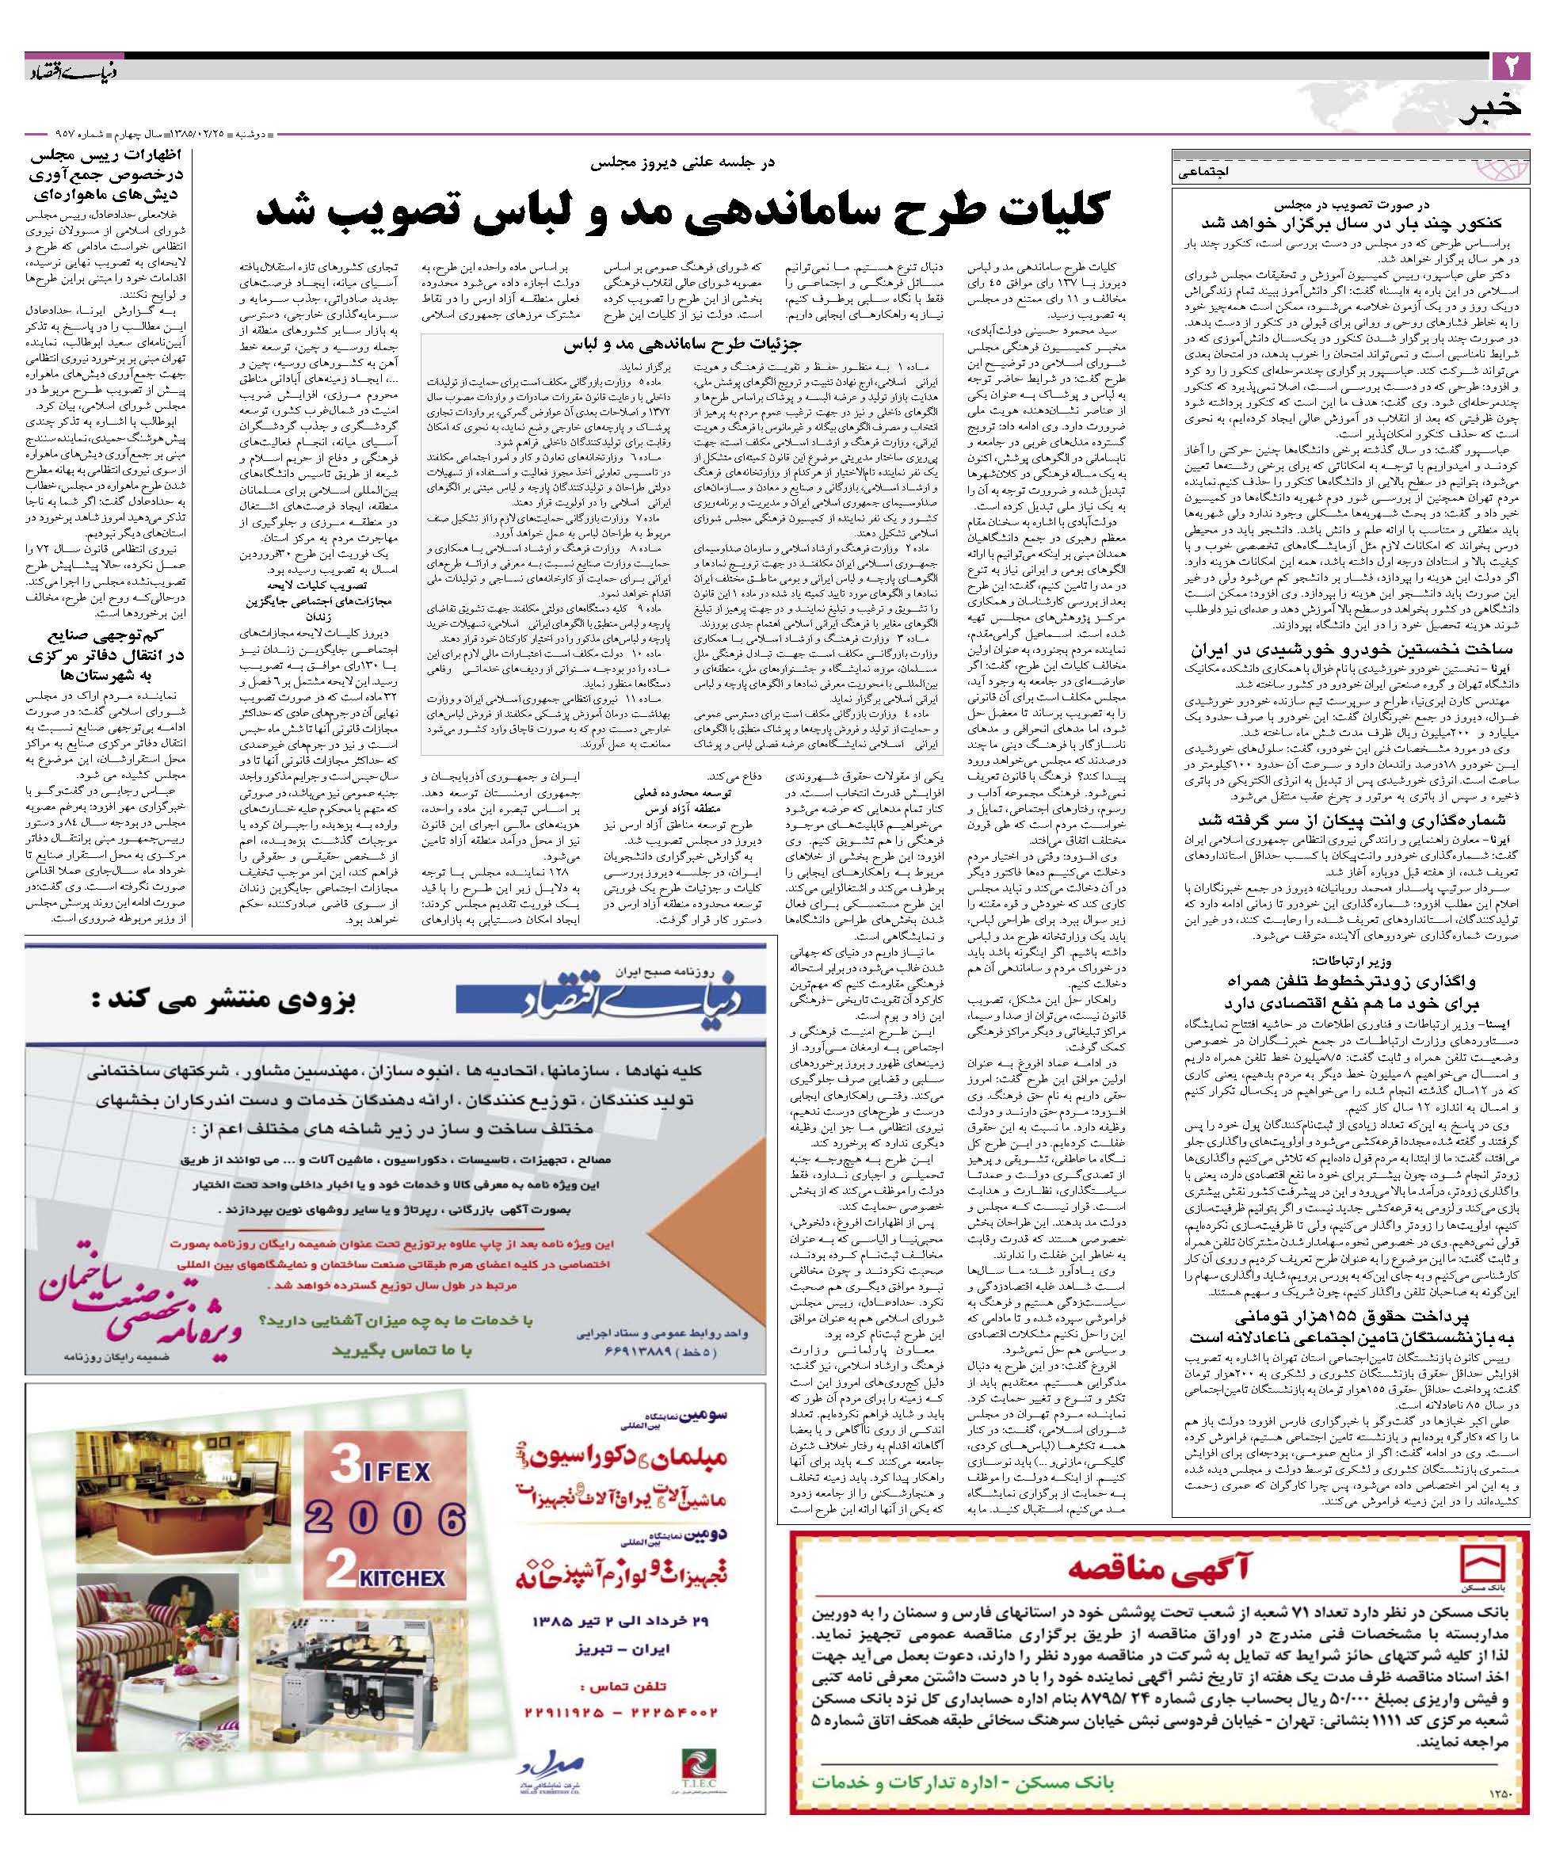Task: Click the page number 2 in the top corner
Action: [1510, 65]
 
